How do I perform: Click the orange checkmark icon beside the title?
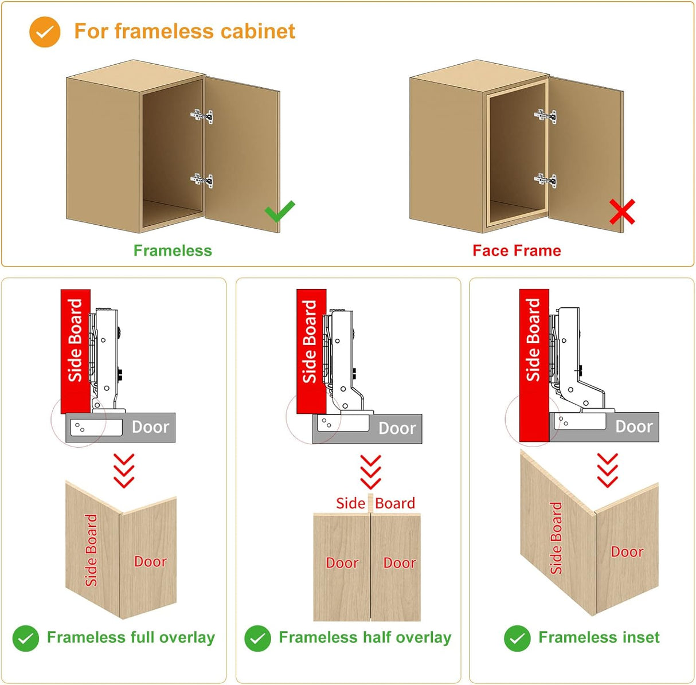[45, 32]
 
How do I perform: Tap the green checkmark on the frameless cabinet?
[280, 211]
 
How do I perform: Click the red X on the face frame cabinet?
[622, 212]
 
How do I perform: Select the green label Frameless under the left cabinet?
[173, 250]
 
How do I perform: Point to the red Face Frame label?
[517, 250]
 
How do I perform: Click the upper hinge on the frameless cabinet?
[202, 116]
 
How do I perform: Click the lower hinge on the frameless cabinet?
[202, 181]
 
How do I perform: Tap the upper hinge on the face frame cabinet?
[545, 116]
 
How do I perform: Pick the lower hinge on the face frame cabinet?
[545, 181]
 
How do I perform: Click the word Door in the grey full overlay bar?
[150, 427]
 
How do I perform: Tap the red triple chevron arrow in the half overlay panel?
[371, 471]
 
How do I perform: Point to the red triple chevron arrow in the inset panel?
[608, 470]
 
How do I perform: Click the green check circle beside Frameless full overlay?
[26, 638]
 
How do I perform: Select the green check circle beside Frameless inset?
[517, 638]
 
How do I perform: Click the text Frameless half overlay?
[365, 637]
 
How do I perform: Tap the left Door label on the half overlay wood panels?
[342, 563]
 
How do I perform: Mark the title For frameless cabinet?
[184, 32]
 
